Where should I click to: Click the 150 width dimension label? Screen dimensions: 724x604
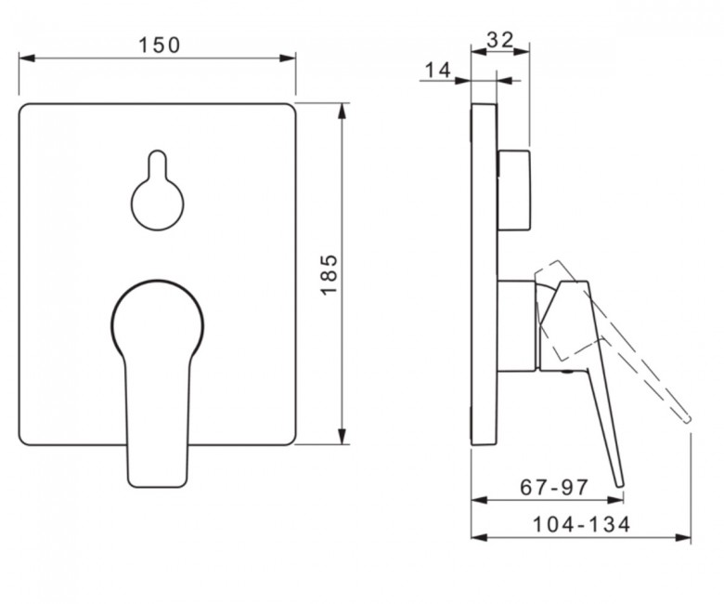(x=160, y=46)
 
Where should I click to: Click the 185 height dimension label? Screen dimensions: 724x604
(x=330, y=274)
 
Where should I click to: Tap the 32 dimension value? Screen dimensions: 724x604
(x=500, y=40)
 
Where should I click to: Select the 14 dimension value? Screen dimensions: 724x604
(x=437, y=71)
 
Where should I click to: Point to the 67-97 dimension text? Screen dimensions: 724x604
(x=554, y=487)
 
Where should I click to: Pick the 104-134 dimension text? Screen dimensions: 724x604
(x=581, y=524)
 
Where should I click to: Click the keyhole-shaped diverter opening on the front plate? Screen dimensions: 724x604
(x=158, y=190)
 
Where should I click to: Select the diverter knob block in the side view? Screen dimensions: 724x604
(x=513, y=190)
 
